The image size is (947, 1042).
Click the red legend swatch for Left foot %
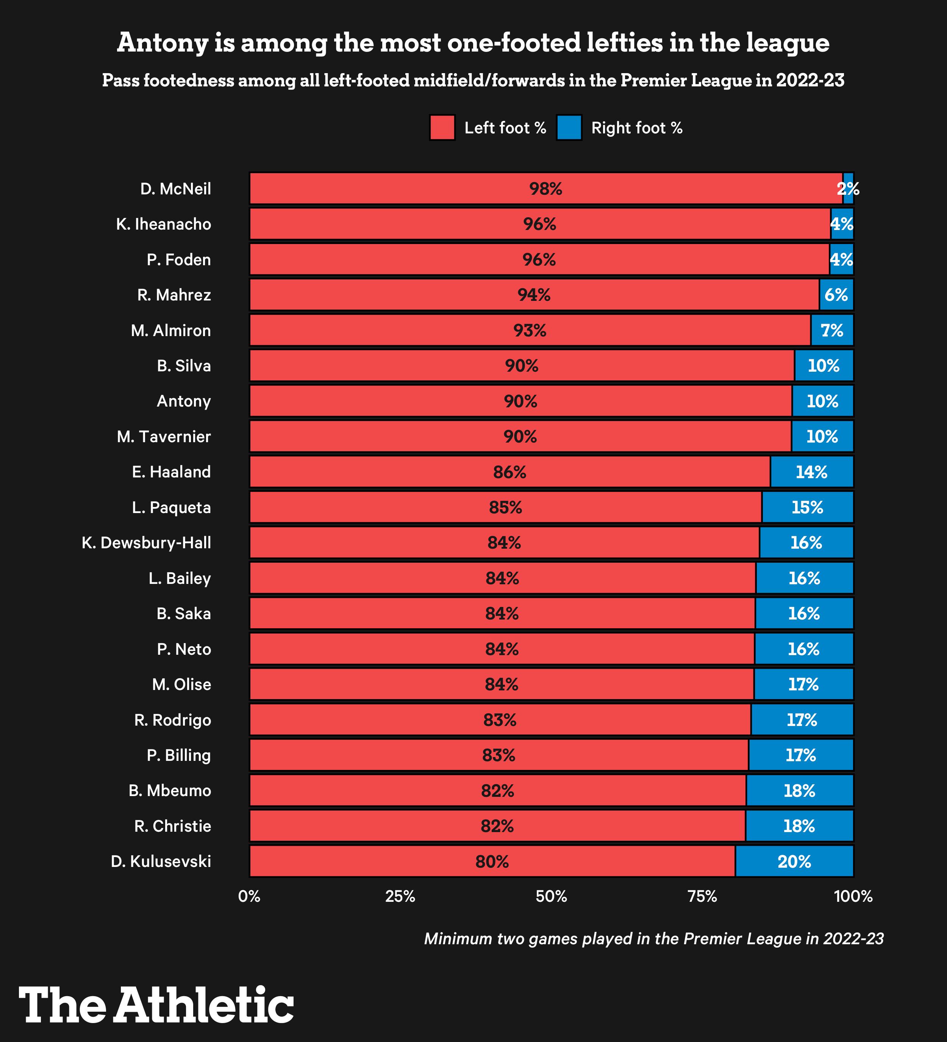click(x=442, y=128)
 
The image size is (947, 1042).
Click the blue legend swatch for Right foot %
click(x=569, y=128)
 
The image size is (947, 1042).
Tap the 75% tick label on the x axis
click(x=702, y=896)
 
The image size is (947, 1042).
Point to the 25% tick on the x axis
click(x=400, y=896)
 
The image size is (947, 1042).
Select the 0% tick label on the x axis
click(x=249, y=896)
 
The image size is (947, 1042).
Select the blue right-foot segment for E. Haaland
click(x=812, y=472)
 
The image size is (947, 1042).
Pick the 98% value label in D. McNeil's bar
click(x=545, y=189)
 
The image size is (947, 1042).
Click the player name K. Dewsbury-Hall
click(x=146, y=543)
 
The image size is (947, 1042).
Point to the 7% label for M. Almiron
click(x=832, y=331)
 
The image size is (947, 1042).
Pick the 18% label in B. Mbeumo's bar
click(x=799, y=791)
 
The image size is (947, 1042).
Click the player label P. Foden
click(x=179, y=260)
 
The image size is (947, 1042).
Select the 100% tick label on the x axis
click(x=853, y=896)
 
